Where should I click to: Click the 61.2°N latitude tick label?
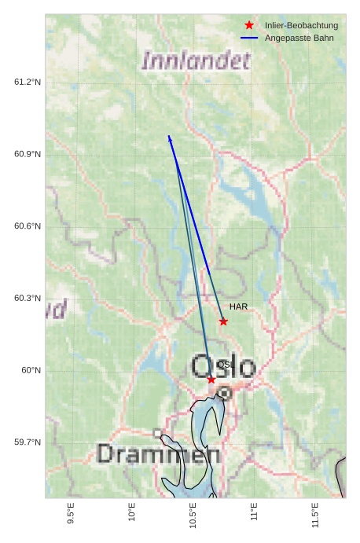click(x=28, y=82)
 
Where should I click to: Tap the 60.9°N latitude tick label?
click(x=28, y=154)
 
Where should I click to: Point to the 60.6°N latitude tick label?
click(x=28, y=226)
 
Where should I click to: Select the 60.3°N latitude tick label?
click(x=28, y=299)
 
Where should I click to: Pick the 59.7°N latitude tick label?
click(x=28, y=442)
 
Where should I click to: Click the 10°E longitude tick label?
click(x=132, y=512)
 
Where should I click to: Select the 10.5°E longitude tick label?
click(x=193, y=515)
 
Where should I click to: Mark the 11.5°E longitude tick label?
click(x=315, y=515)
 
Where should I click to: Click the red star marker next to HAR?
click(x=223, y=321)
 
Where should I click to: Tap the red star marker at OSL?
click(x=211, y=380)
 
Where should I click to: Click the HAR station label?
click(x=239, y=306)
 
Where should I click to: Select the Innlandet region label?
click(x=197, y=61)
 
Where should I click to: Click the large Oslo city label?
click(x=223, y=367)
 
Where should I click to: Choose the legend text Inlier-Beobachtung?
click(x=301, y=25)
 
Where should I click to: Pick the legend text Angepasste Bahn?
click(x=299, y=38)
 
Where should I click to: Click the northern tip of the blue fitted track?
click(x=169, y=136)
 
